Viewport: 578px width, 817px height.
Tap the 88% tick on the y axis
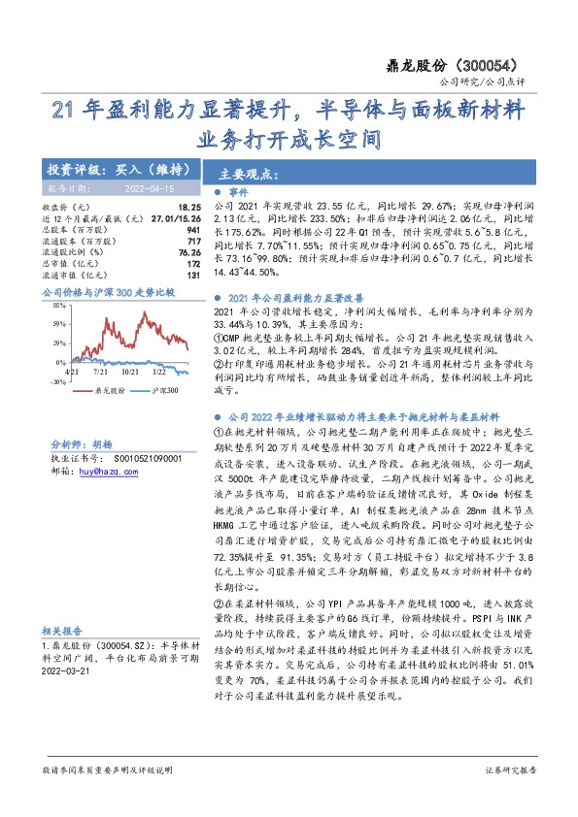coord(57,305)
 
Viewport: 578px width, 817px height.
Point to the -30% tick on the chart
coord(56,382)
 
